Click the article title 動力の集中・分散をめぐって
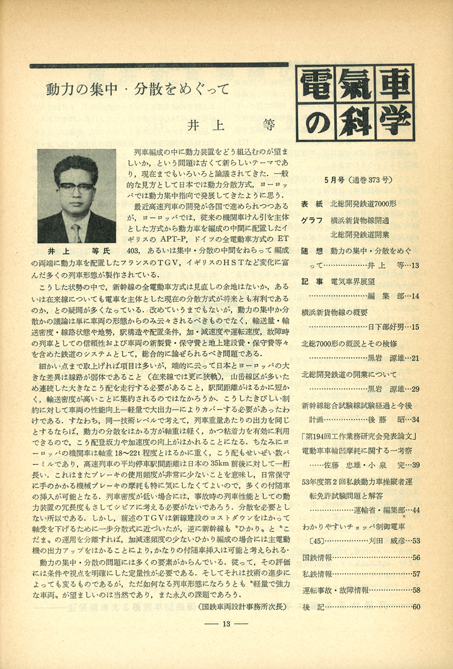[137, 91]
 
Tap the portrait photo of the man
[76, 195]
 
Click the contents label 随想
[311, 250]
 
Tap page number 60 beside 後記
[416, 606]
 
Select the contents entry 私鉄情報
[317, 574]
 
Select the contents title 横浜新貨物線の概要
[335, 311]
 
